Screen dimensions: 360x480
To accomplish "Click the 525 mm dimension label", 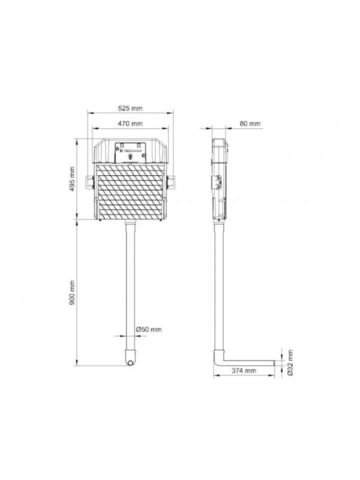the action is click(x=130, y=109).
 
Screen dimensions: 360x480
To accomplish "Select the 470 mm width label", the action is click(x=130, y=124).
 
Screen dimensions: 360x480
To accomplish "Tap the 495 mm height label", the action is click(x=72, y=179).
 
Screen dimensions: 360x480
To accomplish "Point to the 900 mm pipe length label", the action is click(x=72, y=293).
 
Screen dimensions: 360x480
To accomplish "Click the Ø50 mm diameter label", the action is click(x=149, y=329).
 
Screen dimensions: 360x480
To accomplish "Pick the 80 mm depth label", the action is click(x=250, y=124).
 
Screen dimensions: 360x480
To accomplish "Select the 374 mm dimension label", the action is click(x=244, y=371).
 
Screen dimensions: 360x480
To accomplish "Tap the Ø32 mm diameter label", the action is click(x=290, y=363).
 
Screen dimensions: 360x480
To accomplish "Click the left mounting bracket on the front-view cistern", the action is click(x=89, y=182).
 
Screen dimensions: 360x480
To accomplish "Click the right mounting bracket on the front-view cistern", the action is click(x=170, y=182).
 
